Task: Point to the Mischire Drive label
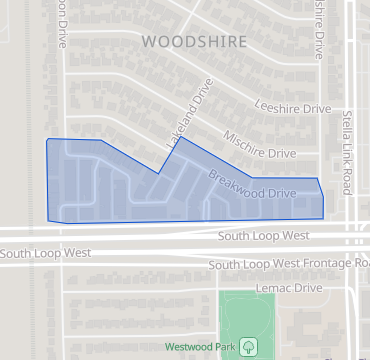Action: pos(259,145)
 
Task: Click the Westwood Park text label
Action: pos(200,346)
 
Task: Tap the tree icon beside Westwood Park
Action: pos(247,346)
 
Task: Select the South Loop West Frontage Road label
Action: pos(289,265)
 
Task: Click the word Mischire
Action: pos(245,140)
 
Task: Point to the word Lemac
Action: pos(274,288)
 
